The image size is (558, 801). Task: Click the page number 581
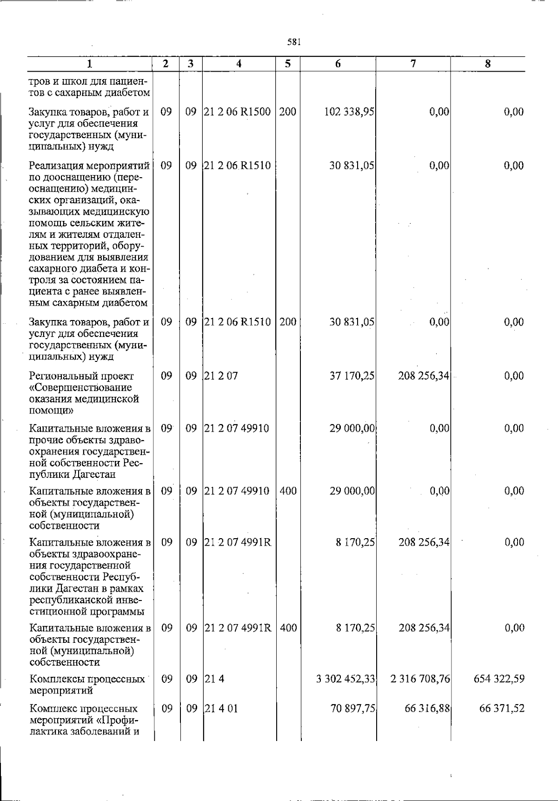point(294,42)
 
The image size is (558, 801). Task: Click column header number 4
point(239,64)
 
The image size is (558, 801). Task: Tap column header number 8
point(488,64)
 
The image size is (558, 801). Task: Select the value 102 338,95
point(352,112)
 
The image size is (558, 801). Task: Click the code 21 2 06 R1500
point(238,112)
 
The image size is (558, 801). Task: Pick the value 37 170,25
point(352,375)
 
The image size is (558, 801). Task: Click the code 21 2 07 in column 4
point(221,375)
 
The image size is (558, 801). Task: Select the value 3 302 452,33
point(345,679)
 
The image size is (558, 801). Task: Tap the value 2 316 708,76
point(420,679)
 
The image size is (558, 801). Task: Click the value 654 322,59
point(499,679)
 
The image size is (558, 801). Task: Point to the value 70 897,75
point(352,708)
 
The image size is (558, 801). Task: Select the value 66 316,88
point(426,708)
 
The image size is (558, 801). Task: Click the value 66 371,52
point(502,708)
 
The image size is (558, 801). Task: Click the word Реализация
point(56,166)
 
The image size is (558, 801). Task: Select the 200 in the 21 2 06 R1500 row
point(288,112)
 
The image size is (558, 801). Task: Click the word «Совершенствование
point(80,387)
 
